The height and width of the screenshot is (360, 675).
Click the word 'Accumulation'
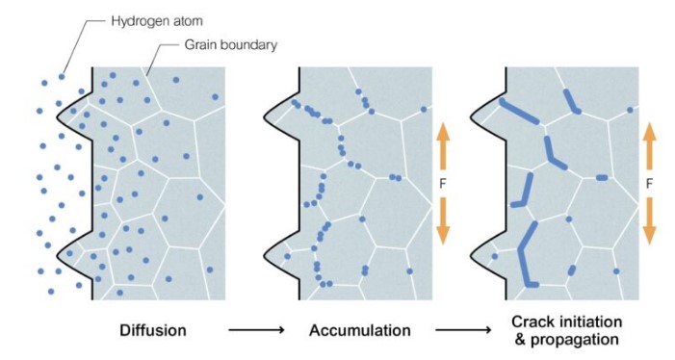(x=360, y=330)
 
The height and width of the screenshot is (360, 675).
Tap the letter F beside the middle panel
(x=443, y=182)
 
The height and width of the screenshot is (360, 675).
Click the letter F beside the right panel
(x=650, y=182)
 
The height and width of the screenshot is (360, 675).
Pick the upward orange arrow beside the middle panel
(x=443, y=145)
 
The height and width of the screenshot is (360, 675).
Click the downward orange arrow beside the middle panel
(x=443, y=219)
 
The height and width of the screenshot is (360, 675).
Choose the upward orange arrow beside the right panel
(x=650, y=145)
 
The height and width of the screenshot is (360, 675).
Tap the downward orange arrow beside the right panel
(x=650, y=219)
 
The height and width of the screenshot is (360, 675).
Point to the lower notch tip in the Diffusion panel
(x=57, y=255)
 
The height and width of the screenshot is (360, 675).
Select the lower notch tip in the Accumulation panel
(x=265, y=255)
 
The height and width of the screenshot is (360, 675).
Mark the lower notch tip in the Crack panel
(x=472, y=255)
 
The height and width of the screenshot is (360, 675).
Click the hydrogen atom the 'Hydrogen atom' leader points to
(x=62, y=76)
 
